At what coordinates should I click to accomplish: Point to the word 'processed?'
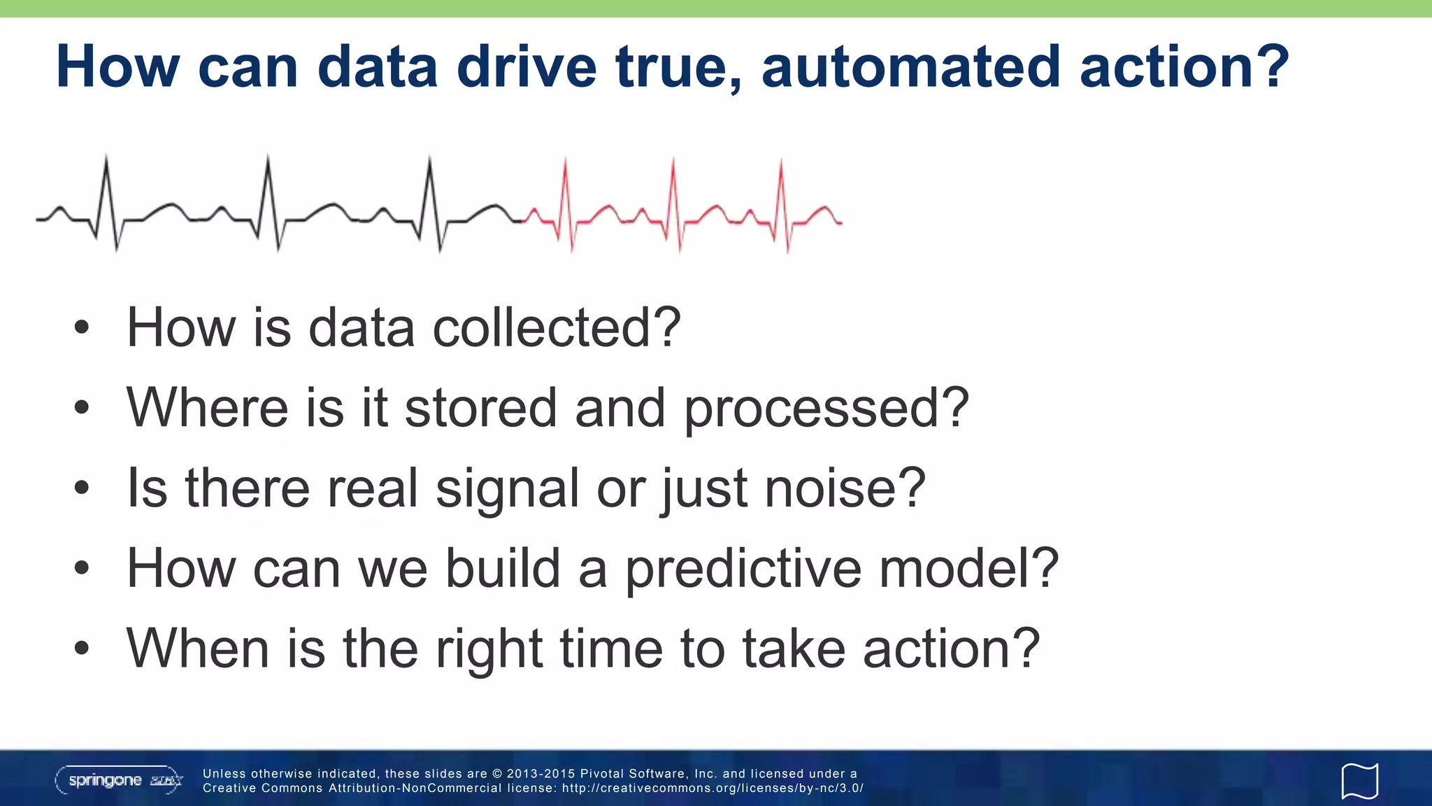826,409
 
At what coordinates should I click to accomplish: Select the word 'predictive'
743,569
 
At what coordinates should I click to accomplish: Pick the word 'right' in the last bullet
488,650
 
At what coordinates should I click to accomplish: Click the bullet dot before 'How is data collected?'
82,327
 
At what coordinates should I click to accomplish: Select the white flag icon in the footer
1359,781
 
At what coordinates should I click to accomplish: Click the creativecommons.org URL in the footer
713,789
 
